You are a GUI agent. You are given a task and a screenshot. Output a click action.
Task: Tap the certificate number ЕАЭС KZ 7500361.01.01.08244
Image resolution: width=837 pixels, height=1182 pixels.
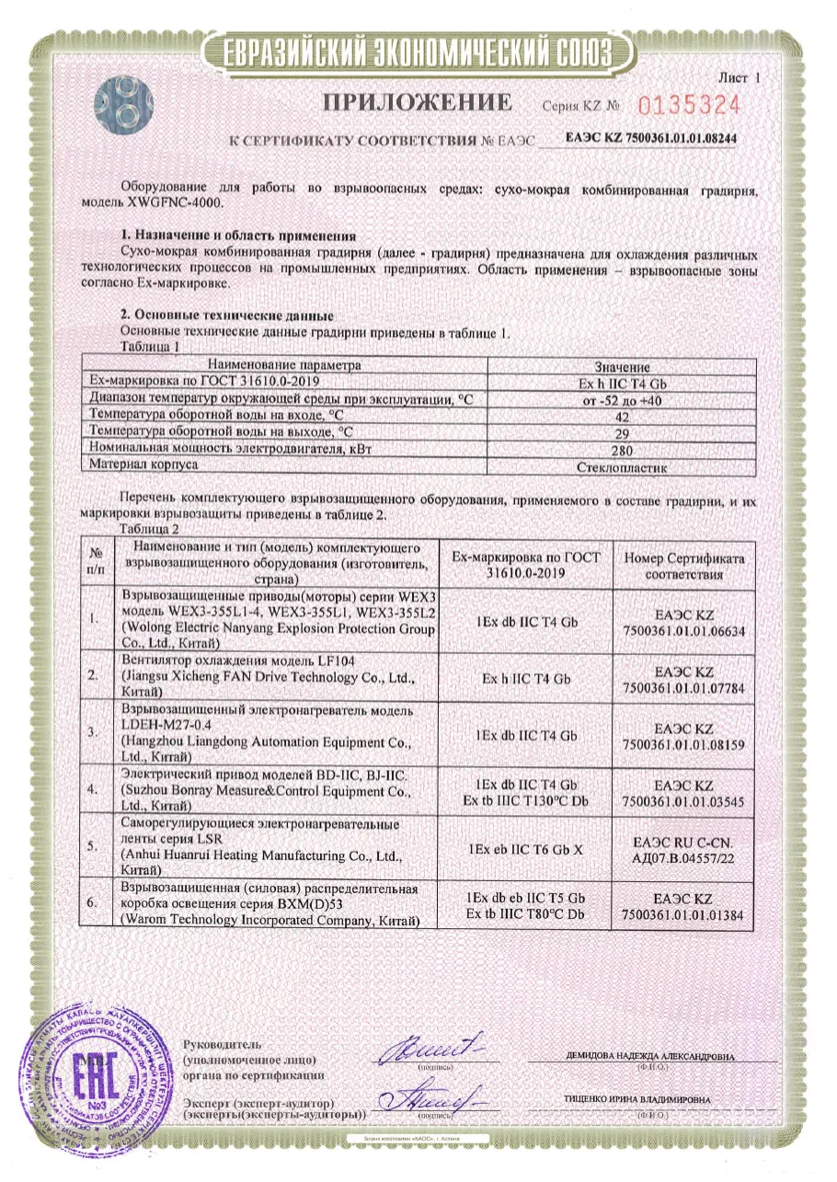(651, 139)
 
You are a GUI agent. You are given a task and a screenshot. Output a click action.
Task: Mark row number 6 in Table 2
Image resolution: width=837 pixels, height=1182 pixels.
(93, 905)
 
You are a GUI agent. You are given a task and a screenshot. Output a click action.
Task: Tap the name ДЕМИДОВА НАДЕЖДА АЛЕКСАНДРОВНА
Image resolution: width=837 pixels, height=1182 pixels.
(650, 1058)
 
